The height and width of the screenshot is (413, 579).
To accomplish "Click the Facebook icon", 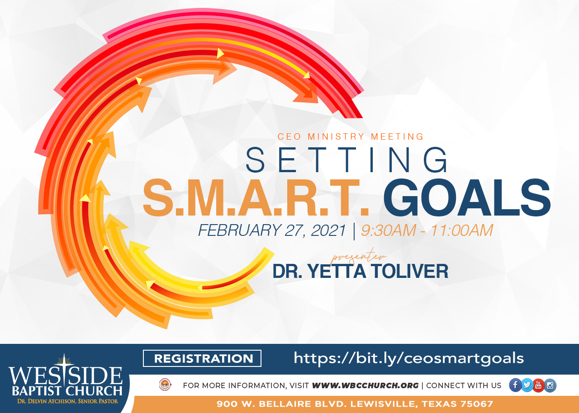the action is (x=515, y=385).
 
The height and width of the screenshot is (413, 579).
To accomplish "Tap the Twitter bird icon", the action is (x=527, y=385).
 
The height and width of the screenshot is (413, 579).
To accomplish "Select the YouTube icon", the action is (x=538, y=385).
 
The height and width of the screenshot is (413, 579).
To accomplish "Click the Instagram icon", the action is (x=550, y=385).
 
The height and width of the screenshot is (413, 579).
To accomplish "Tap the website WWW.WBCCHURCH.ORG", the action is (x=365, y=385).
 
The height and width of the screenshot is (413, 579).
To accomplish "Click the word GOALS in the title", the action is (x=466, y=197).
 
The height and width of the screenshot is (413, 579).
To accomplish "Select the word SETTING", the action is (x=346, y=160).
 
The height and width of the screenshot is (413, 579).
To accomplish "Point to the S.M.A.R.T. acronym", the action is (x=256, y=197).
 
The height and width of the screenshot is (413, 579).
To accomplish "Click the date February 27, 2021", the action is (x=272, y=230).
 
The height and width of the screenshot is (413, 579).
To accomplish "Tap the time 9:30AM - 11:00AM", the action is (x=427, y=230).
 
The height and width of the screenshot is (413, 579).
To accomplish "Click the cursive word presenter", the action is (x=359, y=256).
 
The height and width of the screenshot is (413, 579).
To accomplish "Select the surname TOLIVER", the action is (x=410, y=271).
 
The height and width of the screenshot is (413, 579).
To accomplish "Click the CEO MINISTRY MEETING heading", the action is (x=351, y=136).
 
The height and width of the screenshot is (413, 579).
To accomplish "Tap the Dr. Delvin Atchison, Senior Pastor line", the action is (x=67, y=401).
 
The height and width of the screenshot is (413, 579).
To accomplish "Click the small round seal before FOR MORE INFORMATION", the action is (x=165, y=385).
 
